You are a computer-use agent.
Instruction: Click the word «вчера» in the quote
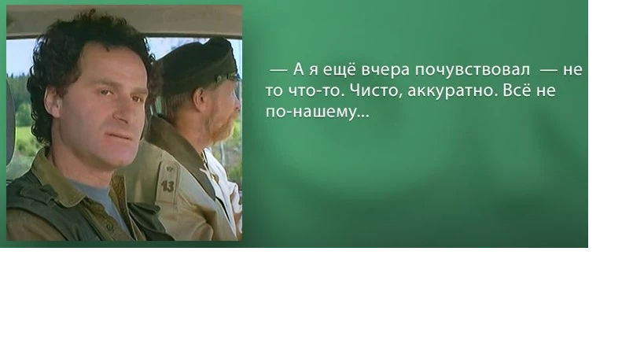(x=385, y=70)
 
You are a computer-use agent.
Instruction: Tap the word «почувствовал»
(x=473, y=70)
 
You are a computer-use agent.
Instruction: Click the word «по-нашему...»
(x=317, y=111)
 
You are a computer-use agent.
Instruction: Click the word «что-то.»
(x=318, y=90)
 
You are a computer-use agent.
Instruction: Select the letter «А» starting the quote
(x=298, y=70)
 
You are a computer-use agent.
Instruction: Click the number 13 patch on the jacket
(x=167, y=187)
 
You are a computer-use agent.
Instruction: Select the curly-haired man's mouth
(x=121, y=136)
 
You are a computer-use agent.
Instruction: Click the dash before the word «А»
(x=279, y=70)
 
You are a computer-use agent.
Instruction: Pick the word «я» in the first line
(x=313, y=71)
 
